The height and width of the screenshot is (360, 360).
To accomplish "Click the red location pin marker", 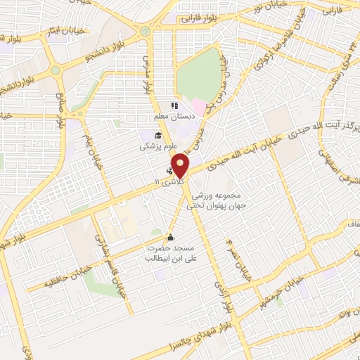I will [181, 166].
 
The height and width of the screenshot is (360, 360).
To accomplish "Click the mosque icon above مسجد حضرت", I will [170, 236].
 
